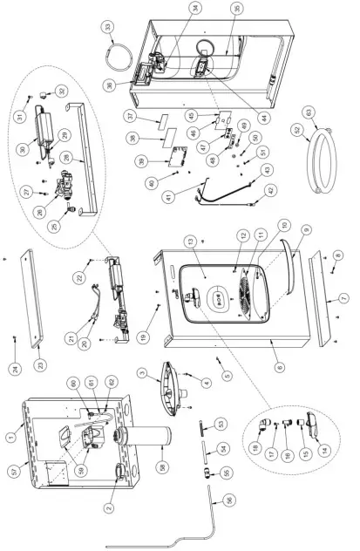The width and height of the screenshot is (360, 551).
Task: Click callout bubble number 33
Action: pyautogui.click(x=107, y=29)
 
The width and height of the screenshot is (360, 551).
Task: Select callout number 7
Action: pyautogui.click(x=344, y=299)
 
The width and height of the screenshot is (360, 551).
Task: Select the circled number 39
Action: pyautogui.click(x=162, y=162)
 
